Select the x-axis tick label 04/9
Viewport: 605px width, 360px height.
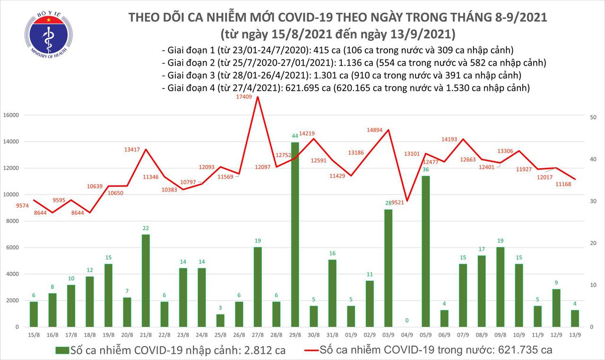tap(407, 335)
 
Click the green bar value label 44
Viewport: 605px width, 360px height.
tap(295, 136)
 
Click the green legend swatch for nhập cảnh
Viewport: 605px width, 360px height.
tap(62, 351)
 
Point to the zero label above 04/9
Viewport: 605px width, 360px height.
tap(407, 320)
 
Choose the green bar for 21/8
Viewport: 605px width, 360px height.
tap(146, 281)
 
